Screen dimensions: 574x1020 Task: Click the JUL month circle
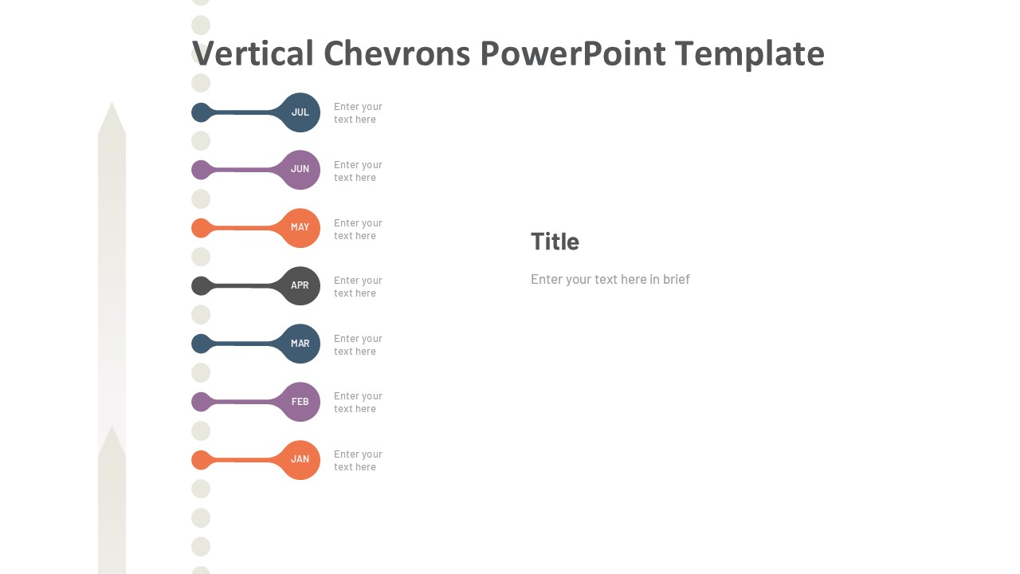(x=300, y=112)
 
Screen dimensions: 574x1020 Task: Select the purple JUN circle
(x=300, y=170)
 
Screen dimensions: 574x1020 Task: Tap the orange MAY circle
(x=300, y=228)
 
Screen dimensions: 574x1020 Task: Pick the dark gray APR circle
(x=300, y=285)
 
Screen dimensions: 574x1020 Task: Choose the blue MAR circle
(x=300, y=344)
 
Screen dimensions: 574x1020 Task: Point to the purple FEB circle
(x=300, y=402)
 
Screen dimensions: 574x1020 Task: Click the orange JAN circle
(x=300, y=460)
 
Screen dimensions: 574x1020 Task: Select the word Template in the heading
(x=749, y=54)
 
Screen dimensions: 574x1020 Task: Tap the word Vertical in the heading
(x=253, y=54)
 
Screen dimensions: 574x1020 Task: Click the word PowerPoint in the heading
(x=572, y=54)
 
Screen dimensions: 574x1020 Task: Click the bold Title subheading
(x=555, y=242)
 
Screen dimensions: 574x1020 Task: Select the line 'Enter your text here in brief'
(x=610, y=279)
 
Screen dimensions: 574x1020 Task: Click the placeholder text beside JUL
(x=358, y=113)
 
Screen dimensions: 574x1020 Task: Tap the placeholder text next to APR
(x=358, y=287)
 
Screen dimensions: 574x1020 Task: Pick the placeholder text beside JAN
(x=358, y=461)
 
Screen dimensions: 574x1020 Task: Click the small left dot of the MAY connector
(x=202, y=228)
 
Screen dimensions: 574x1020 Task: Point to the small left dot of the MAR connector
(x=202, y=344)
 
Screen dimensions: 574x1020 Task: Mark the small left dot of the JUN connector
(x=202, y=170)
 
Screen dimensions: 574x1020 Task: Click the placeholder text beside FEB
(x=358, y=403)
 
